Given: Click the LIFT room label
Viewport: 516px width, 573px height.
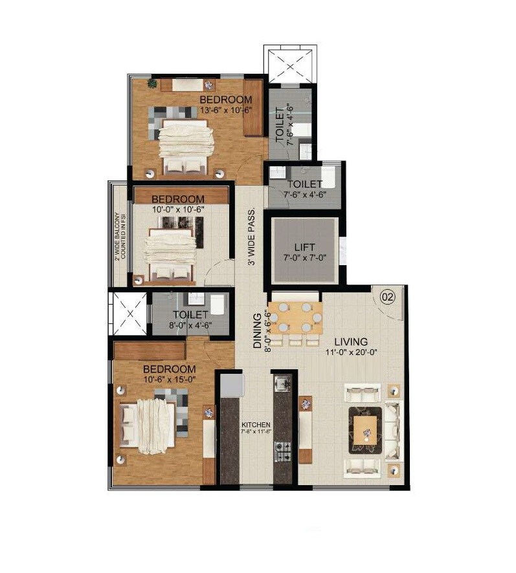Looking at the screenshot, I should (x=304, y=247).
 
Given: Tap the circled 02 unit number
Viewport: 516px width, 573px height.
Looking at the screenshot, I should (x=388, y=298).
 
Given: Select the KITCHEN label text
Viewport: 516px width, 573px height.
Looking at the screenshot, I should (x=256, y=424).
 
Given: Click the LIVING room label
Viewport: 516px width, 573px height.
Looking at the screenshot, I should (x=350, y=341).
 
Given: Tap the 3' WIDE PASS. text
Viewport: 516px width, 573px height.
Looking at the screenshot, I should (x=251, y=237).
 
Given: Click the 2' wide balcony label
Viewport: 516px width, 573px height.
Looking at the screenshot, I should (x=119, y=236).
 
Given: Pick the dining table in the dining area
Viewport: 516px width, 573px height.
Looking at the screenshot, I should (x=295, y=318).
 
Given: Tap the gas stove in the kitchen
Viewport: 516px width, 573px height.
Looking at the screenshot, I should (x=283, y=451).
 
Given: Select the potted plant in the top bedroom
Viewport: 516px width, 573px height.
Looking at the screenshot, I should (x=151, y=83).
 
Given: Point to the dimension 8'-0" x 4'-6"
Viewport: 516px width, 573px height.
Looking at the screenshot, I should (x=190, y=325).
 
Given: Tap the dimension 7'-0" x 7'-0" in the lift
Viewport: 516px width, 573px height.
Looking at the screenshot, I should (x=304, y=257).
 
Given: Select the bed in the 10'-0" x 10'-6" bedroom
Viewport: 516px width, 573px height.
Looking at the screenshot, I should (x=170, y=252).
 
